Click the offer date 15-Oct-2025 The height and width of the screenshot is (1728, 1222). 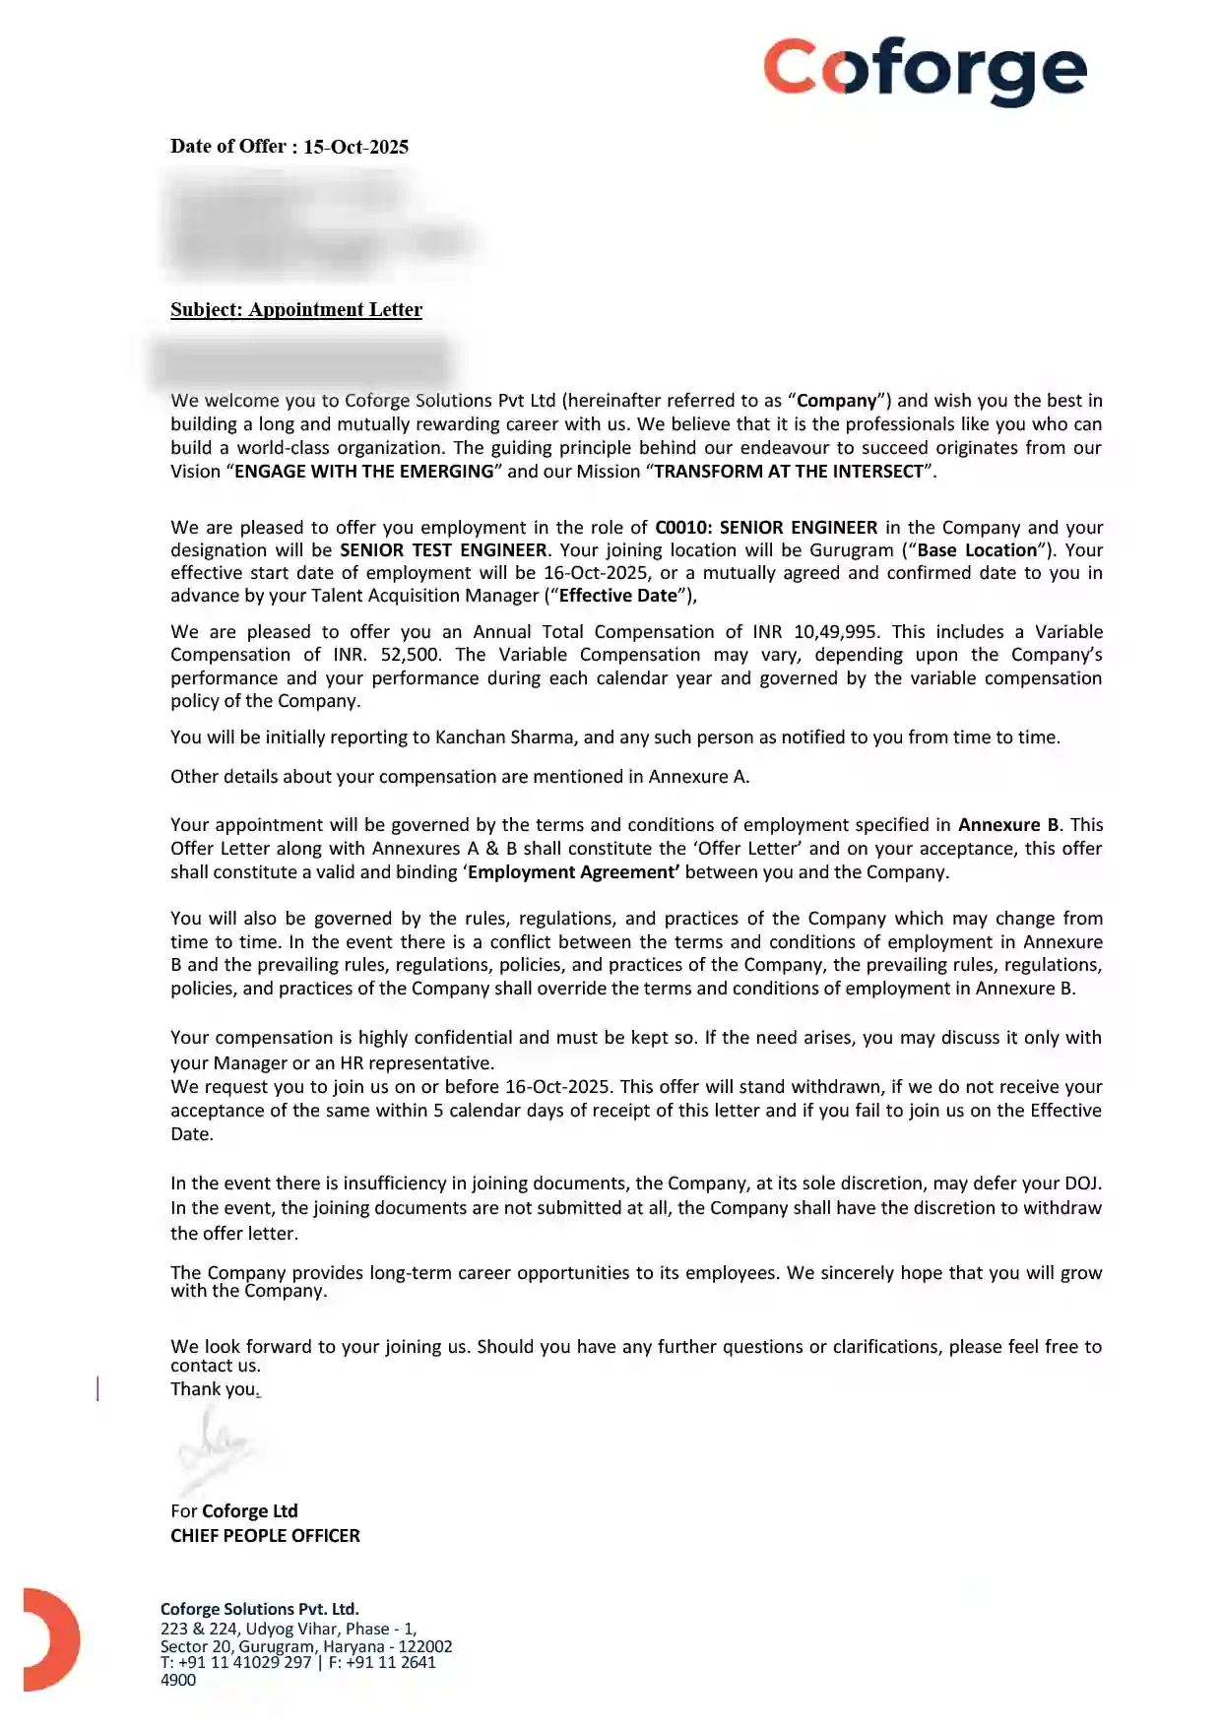(355, 147)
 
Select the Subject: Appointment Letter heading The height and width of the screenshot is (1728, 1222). (296, 309)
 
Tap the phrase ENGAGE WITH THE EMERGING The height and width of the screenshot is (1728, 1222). (363, 471)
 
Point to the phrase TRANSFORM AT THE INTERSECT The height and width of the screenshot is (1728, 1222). (789, 471)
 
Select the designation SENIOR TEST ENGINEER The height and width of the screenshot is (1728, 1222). (443, 549)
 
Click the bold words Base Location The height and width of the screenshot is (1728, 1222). (977, 549)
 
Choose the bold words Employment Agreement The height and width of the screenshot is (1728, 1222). (573, 871)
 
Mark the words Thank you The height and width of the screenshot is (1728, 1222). (214, 1388)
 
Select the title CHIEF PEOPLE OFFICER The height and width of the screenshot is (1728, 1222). (265, 1535)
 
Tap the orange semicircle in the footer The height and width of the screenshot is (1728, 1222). (49, 1639)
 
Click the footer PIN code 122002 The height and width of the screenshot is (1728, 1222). (425, 1645)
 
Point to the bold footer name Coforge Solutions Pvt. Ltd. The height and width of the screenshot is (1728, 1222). (259, 1609)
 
